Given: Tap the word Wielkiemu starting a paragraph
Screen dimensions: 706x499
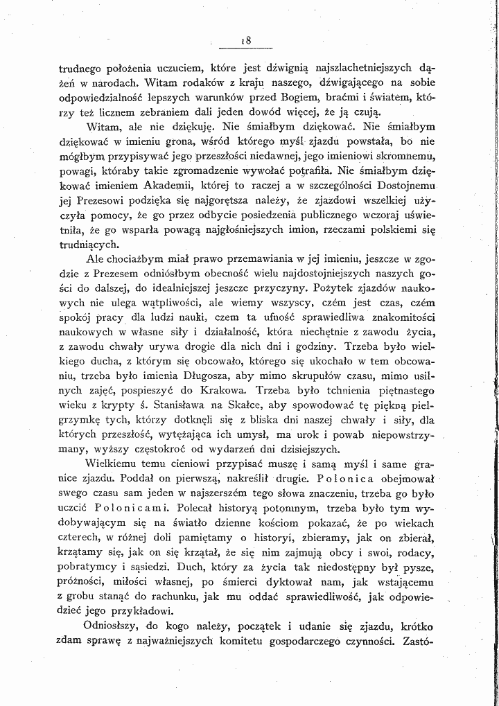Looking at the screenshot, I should (109, 464).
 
